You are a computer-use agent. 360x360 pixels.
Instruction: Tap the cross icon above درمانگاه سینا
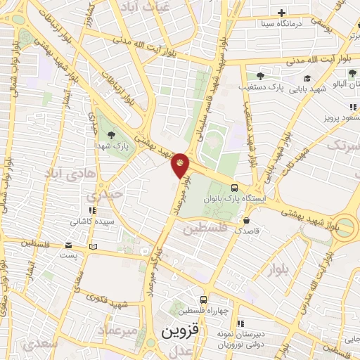click(281, 13)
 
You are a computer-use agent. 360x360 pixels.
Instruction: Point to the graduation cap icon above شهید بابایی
click(307, 77)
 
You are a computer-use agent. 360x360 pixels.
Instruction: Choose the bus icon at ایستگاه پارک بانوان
click(234, 188)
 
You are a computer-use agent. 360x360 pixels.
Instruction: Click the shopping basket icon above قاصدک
click(247, 219)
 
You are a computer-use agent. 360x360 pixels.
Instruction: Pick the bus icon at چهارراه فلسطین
click(203, 299)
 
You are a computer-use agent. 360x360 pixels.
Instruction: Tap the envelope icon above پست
click(68, 245)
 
